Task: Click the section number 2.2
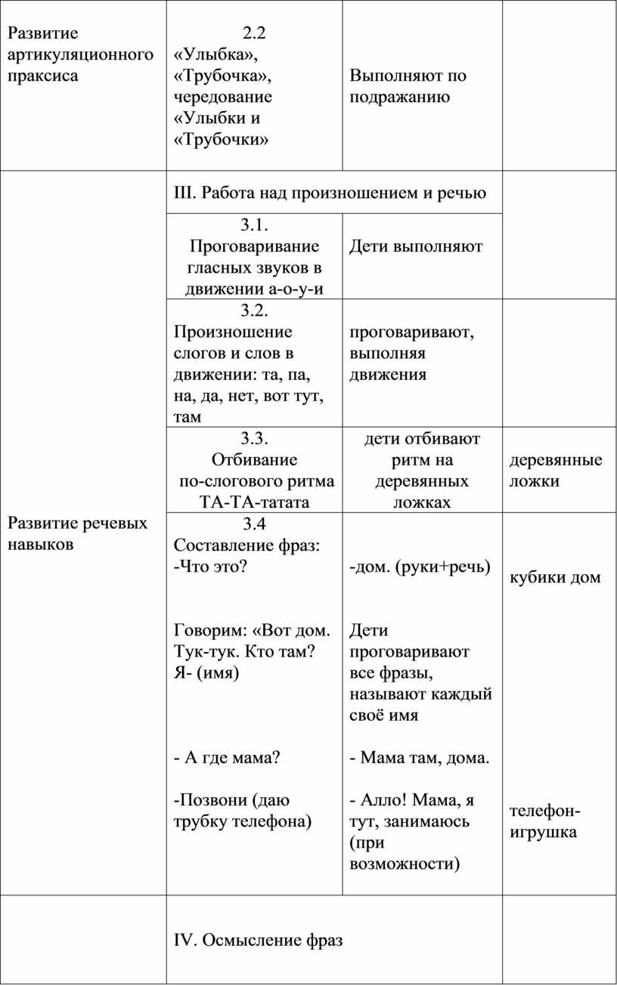[255, 32]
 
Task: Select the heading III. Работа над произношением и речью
[330, 192]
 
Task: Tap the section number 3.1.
[255, 224]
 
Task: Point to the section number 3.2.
[255, 310]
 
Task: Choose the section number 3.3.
[255, 438]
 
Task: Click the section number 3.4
[255, 524]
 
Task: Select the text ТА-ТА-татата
[255, 502]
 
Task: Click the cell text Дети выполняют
[416, 246]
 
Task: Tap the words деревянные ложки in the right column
[556, 470]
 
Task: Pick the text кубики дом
[556, 577]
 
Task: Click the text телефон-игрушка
[545, 821]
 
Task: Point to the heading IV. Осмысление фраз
[258, 940]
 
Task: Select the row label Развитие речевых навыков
[77, 533]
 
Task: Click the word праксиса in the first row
[42, 76]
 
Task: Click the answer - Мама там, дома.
[420, 757]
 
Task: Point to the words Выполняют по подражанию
[408, 86]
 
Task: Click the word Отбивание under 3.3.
[255, 459]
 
